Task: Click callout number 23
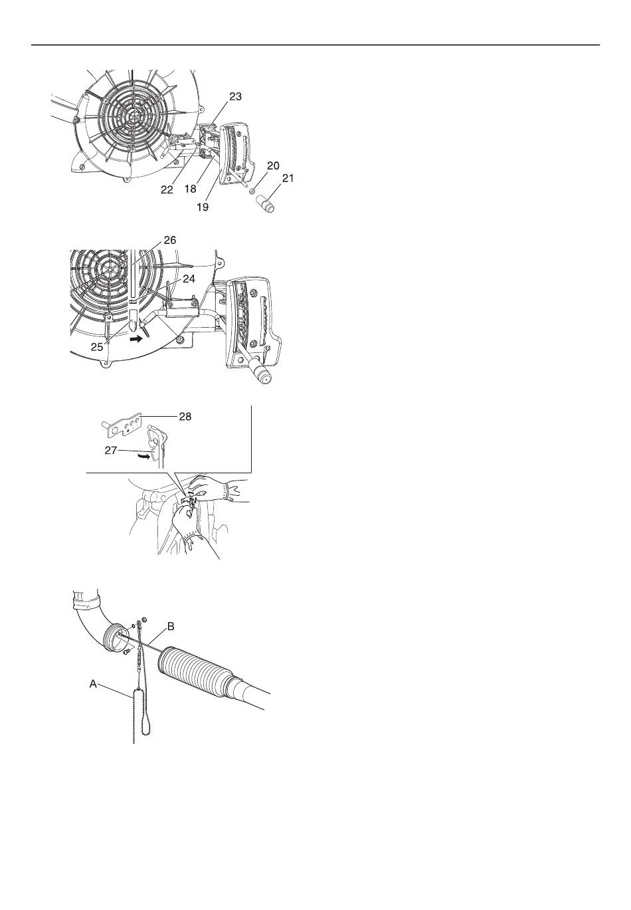point(235,96)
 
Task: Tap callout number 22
point(167,189)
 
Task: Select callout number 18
point(190,189)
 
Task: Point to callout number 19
point(203,207)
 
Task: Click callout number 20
point(273,166)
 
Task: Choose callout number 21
point(288,178)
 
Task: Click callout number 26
point(170,240)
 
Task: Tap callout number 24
point(189,279)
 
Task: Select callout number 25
point(96,348)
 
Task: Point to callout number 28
point(185,416)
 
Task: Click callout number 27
point(111,450)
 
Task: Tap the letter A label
point(93,684)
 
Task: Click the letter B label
point(171,626)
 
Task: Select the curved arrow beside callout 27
point(143,457)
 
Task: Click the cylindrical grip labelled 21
point(266,203)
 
